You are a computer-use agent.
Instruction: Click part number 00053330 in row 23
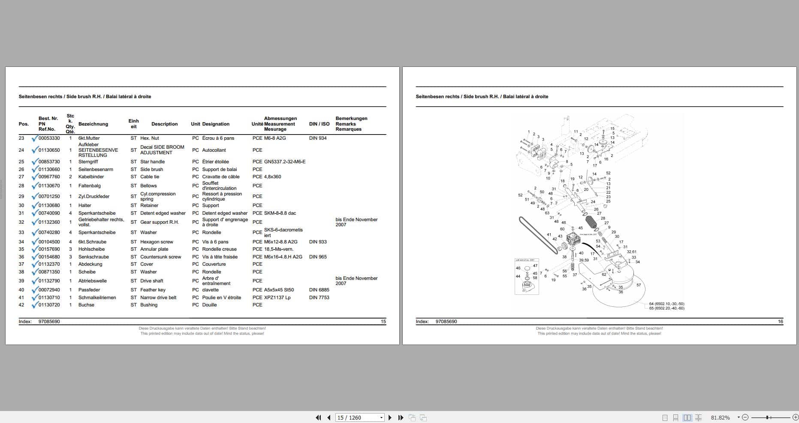pyautogui.click(x=49, y=138)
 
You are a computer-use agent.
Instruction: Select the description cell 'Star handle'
pyautogui.click(x=152, y=162)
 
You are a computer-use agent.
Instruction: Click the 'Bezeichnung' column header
pyautogui.click(x=93, y=124)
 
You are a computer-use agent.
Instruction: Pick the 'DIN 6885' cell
pyautogui.click(x=319, y=290)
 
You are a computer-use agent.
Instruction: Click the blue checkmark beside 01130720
pyautogui.click(x=35, y=305)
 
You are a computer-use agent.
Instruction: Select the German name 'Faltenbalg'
pyautogui.click(x=89, y=186)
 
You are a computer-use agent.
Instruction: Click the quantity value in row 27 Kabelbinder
pyautogui.click(x=71, y=177)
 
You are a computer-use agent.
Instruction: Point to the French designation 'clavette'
pyautogui.click(x=210, y=290)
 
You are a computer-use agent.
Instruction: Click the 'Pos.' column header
pyautogui.click(x=24, y=124)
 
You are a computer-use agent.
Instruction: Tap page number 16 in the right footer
pyautogui.click(x=780, y=321)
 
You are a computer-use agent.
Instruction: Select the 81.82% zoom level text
pyautogui.click(x=720, y=417)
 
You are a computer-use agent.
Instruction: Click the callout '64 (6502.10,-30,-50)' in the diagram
pyautogui.click(x=666, y=304)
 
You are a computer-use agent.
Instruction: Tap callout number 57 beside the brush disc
pyautogui.click(x=639, y=285)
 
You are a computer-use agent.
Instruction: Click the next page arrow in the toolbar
pyautogui.click(x=390, y=417)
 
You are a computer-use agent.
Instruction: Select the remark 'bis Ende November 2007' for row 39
pyautogui.click(x=356, y=281)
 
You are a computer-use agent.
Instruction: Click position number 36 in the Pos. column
pyautogui.click(x=21, y=257)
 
